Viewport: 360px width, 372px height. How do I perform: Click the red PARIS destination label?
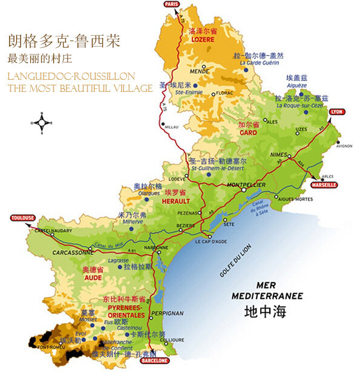172,4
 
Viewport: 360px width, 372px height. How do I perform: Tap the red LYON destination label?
336,112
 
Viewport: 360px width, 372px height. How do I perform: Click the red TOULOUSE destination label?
23,218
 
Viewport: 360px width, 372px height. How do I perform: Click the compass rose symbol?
41,123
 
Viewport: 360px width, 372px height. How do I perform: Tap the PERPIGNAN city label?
169,313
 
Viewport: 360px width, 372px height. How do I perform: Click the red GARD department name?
248,132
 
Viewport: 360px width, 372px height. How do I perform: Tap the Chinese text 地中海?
264,313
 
